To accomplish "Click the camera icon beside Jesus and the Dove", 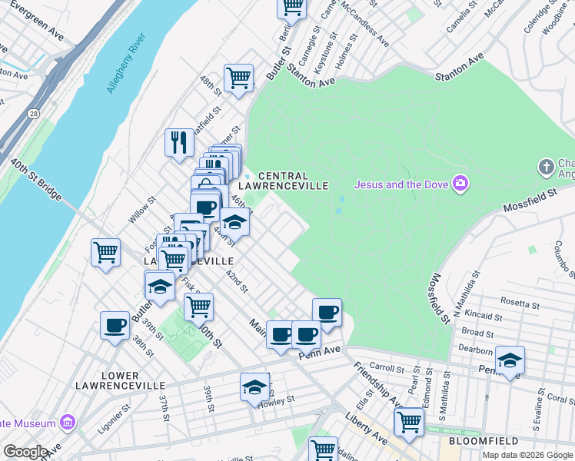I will click(x=460, y=183).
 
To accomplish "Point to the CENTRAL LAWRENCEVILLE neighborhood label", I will click(x=284, y=181).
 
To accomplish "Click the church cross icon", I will click(x=546, y=166).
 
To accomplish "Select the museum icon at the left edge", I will click(x=68, y=423).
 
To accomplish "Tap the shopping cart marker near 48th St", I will click(x=239, y=77).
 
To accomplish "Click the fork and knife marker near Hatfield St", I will click(x=179, y=141).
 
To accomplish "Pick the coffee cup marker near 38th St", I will click(x=115, y=325).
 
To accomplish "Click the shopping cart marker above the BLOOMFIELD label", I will click(x=409, y=420).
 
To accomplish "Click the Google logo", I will click(x=25, y=452).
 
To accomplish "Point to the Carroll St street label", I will click(x=387, y=368).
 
